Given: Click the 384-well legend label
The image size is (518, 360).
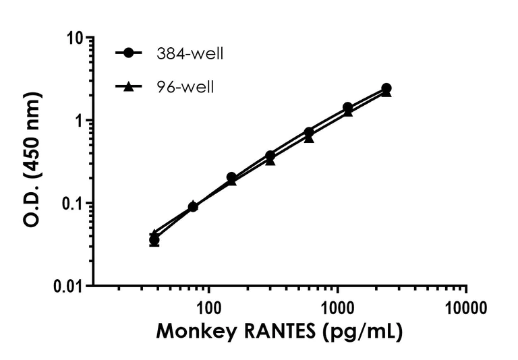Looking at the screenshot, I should [188, 53].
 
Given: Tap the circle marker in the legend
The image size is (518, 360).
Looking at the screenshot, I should [129, 53].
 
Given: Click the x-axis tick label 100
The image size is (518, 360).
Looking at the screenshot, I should [208, 309].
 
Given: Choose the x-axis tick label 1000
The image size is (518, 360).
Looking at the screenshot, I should [337, 309].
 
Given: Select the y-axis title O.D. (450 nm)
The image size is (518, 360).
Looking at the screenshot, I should [32, 162].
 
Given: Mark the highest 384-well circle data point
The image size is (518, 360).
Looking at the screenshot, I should [386, 88].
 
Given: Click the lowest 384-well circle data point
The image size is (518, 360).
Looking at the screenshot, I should [154, 240].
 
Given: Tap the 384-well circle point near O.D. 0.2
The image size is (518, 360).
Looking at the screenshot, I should [231, 177].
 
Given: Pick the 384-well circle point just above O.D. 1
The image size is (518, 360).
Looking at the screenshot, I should [347, 107].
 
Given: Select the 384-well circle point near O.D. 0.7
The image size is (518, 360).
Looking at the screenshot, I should [309, 132].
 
